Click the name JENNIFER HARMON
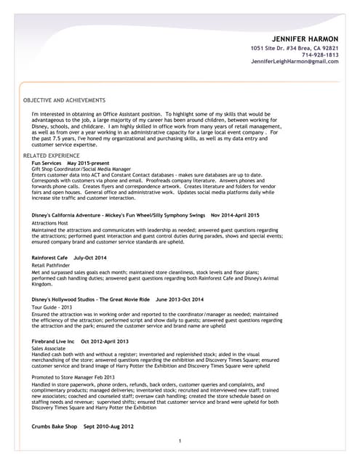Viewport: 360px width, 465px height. [305, 38]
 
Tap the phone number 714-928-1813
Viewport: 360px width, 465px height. [319, 54]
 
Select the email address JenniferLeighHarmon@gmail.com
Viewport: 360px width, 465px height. [295, 62]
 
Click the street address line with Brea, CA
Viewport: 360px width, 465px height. [295, 47]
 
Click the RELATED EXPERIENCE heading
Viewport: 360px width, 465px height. [52, 156]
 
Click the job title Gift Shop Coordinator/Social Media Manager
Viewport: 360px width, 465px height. [81, 169]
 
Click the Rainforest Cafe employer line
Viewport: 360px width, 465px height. [69, 258]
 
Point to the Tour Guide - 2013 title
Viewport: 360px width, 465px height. [53, 307]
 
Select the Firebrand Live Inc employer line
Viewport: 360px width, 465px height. [80, 341]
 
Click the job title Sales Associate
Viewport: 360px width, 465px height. [49, 349]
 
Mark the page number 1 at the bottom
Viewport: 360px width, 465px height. [180, 441]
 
